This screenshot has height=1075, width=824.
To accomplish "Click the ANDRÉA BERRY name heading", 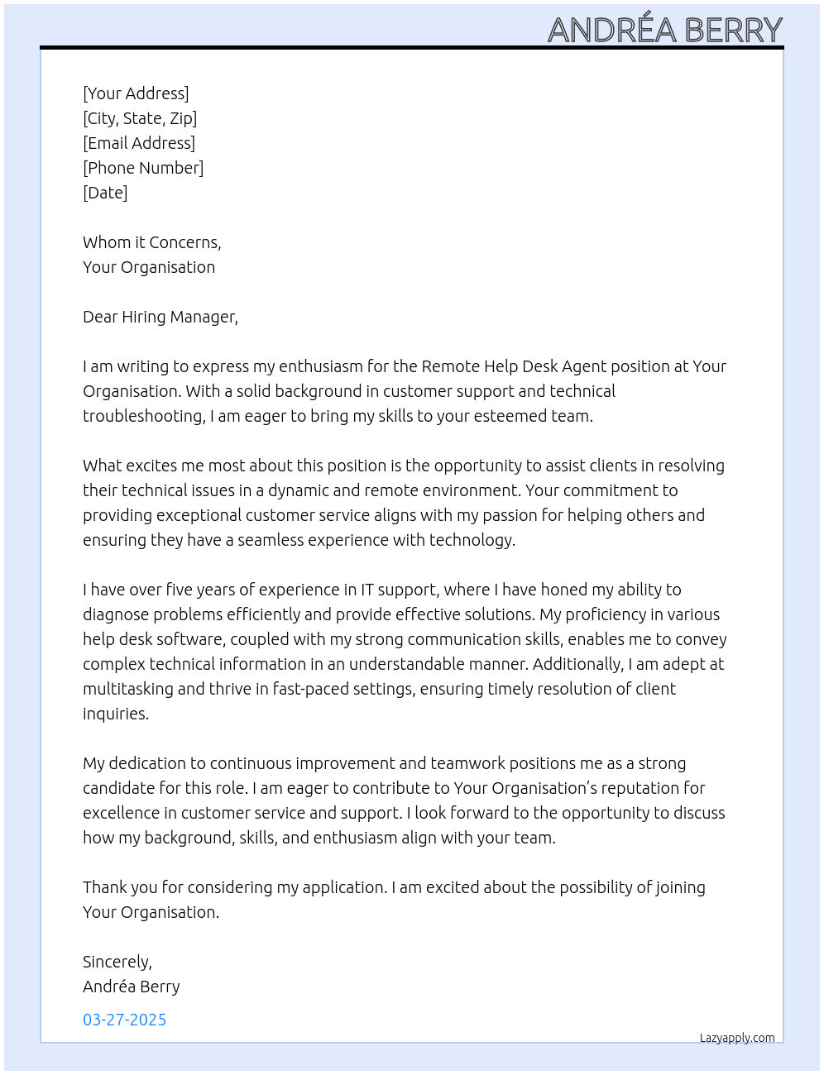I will pos(664,30).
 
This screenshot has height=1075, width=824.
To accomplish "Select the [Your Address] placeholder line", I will pos(136,93).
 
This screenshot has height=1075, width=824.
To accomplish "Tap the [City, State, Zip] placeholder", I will pos(140,118).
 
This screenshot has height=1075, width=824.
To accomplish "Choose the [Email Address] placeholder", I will pos(139,143).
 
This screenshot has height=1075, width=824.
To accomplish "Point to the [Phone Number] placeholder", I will pos(143,168).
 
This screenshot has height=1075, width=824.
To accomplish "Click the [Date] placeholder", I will pos(105,193).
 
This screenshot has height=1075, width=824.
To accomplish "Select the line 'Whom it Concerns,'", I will pos(152,242).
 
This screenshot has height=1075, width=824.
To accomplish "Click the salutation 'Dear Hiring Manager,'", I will pos(160,317).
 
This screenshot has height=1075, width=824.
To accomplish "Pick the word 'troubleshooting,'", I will pos(144,416).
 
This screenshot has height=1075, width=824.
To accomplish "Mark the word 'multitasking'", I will pos(128,689).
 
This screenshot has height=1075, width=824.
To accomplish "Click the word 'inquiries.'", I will pos(116,714).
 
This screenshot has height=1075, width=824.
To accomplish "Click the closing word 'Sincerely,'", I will pos(117,962).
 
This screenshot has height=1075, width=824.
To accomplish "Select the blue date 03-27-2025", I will pos(125,1020).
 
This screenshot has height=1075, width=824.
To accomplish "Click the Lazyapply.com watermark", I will pos(737,1038).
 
